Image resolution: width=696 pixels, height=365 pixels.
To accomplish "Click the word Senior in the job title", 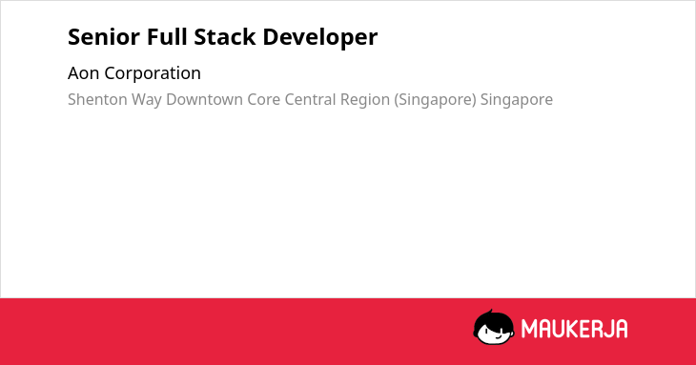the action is pyautogui.click(x=103, y=37).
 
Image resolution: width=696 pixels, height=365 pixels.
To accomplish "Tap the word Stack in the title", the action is pyautogui.click(x=225, y=36).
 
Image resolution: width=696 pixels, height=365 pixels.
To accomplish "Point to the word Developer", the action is pyautogui.click(x=320, y=37).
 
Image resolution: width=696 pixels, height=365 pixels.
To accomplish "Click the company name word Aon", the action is pyautogui.click(x=83, y=73).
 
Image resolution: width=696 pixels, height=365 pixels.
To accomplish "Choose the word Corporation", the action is pyautogui.click(x=153, y=73).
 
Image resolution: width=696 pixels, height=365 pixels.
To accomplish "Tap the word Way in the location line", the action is pyautogui.click(x=147, y=100).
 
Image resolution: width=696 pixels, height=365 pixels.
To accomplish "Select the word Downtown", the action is pyautogui.click(x=204, y=99).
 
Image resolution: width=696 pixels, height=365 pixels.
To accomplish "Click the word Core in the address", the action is pyautogui.click(x=264, y=100).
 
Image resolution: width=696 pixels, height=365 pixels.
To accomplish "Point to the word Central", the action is pyautogui.click(x=310, y=99).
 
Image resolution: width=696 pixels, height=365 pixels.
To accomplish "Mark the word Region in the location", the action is pyautogui.click(x=365, y=100).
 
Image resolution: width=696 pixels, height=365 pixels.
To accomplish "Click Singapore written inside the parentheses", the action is pyautogui.click(x=435, y=100).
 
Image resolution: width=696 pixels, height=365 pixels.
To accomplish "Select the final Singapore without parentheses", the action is pyautogui.click(x=517, y=100).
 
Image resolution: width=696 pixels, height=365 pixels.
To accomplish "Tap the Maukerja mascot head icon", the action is pyautogui.click(x=494, y=328).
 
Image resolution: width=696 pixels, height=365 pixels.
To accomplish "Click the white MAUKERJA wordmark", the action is pyautogui.click(x=574, y=329).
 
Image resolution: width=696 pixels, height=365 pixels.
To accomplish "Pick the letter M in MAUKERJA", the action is pyautogui.click(x=529, y=329).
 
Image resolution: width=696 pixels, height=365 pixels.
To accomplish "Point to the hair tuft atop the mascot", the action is pyautogui.click(x=491, y=313).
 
